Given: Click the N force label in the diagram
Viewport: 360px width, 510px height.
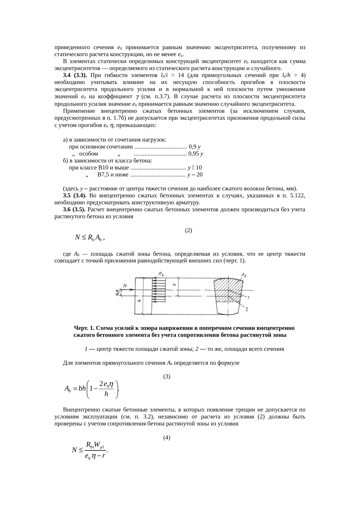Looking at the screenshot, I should click(x=125, y=286).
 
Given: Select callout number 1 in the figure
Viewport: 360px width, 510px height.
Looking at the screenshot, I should click(x=249, y=297).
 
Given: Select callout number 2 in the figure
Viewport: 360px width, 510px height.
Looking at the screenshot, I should click(x=246, y=310).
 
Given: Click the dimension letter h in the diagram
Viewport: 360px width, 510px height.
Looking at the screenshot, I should click(x=140, y=301).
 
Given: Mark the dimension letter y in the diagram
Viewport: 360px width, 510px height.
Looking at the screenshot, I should click(x=174, y=285).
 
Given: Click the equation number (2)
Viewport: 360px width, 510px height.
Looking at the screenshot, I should click(x=188, y=230).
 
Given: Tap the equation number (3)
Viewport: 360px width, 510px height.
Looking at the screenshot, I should click(x=167, y=377).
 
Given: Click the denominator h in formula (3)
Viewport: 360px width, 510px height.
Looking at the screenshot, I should click(x=106, y=394).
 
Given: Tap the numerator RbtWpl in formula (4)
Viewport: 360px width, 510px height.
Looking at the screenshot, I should click(x=95, y=445).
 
